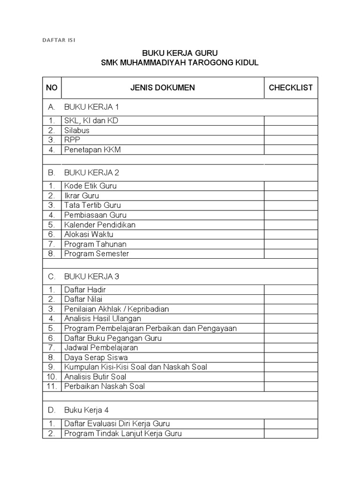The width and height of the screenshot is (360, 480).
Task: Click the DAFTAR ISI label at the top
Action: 59,40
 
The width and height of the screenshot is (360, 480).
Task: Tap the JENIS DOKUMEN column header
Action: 162,88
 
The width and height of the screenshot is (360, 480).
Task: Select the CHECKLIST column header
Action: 291,88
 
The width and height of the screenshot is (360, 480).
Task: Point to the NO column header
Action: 52,88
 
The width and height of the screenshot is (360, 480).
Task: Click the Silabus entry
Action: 77,130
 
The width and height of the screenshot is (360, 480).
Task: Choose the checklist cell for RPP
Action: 291,140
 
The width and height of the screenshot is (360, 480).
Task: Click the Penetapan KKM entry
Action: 89,150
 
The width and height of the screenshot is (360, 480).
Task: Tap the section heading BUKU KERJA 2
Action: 91,172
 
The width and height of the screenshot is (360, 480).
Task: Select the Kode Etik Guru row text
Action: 90,186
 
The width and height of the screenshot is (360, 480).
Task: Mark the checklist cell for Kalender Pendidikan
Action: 291,225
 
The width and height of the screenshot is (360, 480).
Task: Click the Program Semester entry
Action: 97,254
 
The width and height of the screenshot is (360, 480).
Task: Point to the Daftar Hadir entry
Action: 85,290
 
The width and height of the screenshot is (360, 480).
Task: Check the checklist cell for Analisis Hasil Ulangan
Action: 291,319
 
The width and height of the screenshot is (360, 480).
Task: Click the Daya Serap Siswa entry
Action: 96,357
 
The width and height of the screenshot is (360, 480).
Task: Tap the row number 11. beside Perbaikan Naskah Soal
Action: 52,386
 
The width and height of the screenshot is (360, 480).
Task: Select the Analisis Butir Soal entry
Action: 96,376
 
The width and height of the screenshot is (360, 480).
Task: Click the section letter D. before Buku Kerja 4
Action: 52,409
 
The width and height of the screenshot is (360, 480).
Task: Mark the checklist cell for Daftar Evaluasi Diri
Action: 291,424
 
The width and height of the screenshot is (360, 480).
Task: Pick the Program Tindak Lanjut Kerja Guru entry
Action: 123,433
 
